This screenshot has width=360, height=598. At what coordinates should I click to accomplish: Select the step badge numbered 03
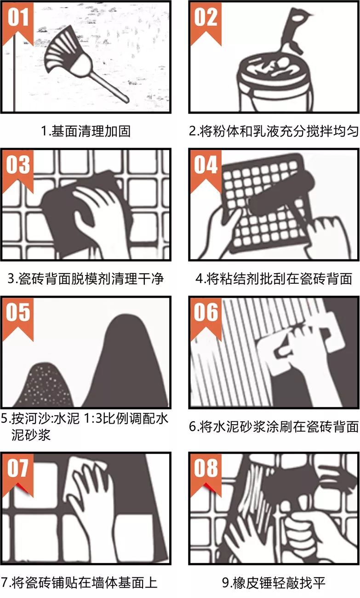click(x=18, y=171)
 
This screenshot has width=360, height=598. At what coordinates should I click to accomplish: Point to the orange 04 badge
click(x=206, y=171)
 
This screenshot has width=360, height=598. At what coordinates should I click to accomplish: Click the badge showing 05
click(x=18, y=319)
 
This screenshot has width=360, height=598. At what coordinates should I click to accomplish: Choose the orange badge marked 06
click(x=206, y=319)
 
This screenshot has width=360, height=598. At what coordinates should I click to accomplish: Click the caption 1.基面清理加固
click(x=86, y=131)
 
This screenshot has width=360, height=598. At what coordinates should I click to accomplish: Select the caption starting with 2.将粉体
click(x=274, y=131)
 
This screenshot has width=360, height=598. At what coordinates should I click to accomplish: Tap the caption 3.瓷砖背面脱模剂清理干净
click(x=86, y=279)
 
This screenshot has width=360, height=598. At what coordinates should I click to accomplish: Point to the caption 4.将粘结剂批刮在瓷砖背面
click(x=274, y=279)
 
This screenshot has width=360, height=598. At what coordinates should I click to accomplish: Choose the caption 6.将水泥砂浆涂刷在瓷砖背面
click(x=274, y=426)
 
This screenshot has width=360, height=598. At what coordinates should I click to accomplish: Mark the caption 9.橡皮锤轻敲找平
click(x=274, y=583)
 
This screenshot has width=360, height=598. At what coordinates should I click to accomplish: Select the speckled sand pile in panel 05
click(x=47, y=385)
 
